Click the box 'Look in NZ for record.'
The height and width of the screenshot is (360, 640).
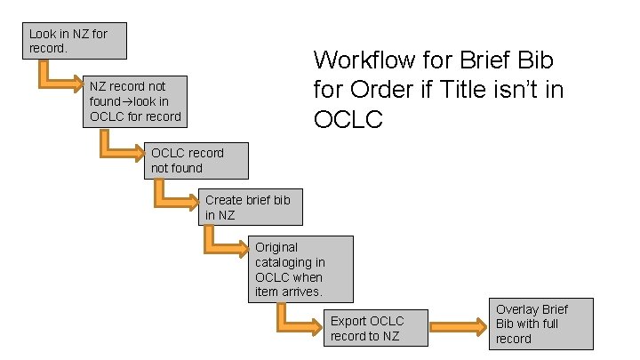coord(75,41)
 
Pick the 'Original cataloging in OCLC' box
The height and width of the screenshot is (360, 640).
coord(301,268)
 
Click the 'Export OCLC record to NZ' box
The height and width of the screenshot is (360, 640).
coord(374,328)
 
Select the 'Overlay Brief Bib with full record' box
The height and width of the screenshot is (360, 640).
coord(543,324)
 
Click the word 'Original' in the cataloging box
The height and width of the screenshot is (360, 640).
coord(276,247)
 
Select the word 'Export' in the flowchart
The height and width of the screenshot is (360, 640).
coord(348,321)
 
